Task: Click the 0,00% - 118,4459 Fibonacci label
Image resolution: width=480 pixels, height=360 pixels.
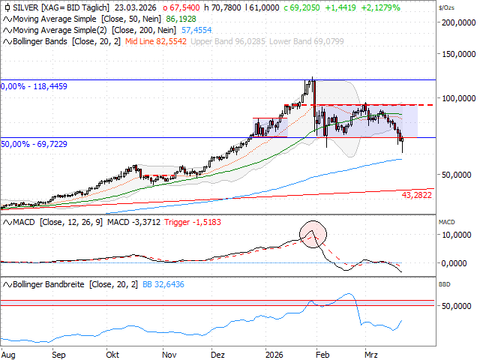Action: (34, 86)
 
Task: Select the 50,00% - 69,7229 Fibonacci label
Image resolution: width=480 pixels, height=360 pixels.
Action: (34, 143)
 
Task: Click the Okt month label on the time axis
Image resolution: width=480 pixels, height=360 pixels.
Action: (113, 352)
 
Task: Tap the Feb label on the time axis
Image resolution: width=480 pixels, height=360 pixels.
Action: (321, 352)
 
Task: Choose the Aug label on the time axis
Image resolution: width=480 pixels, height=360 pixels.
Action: (10, 352)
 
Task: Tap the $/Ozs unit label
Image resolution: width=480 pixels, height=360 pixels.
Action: (448, 7)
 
